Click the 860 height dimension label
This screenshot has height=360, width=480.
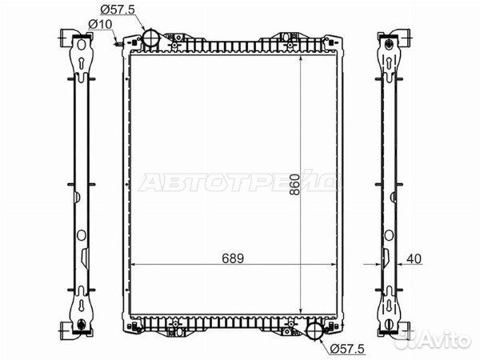tap(294, 185)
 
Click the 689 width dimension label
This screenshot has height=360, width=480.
tap(233, 258)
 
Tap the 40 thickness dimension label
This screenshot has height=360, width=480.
tap(414, 258)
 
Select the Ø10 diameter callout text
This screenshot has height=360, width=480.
tap(101, 24)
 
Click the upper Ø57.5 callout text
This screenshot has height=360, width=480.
tap(118, 10)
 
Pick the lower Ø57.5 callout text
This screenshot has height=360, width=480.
tap(347, 348)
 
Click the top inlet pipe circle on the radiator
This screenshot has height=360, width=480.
tap(151, 38)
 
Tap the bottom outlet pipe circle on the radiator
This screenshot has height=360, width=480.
tap(314, 330)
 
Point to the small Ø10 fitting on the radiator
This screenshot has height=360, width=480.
tap(118, 45)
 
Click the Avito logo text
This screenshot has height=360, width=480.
tap(446, 340)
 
